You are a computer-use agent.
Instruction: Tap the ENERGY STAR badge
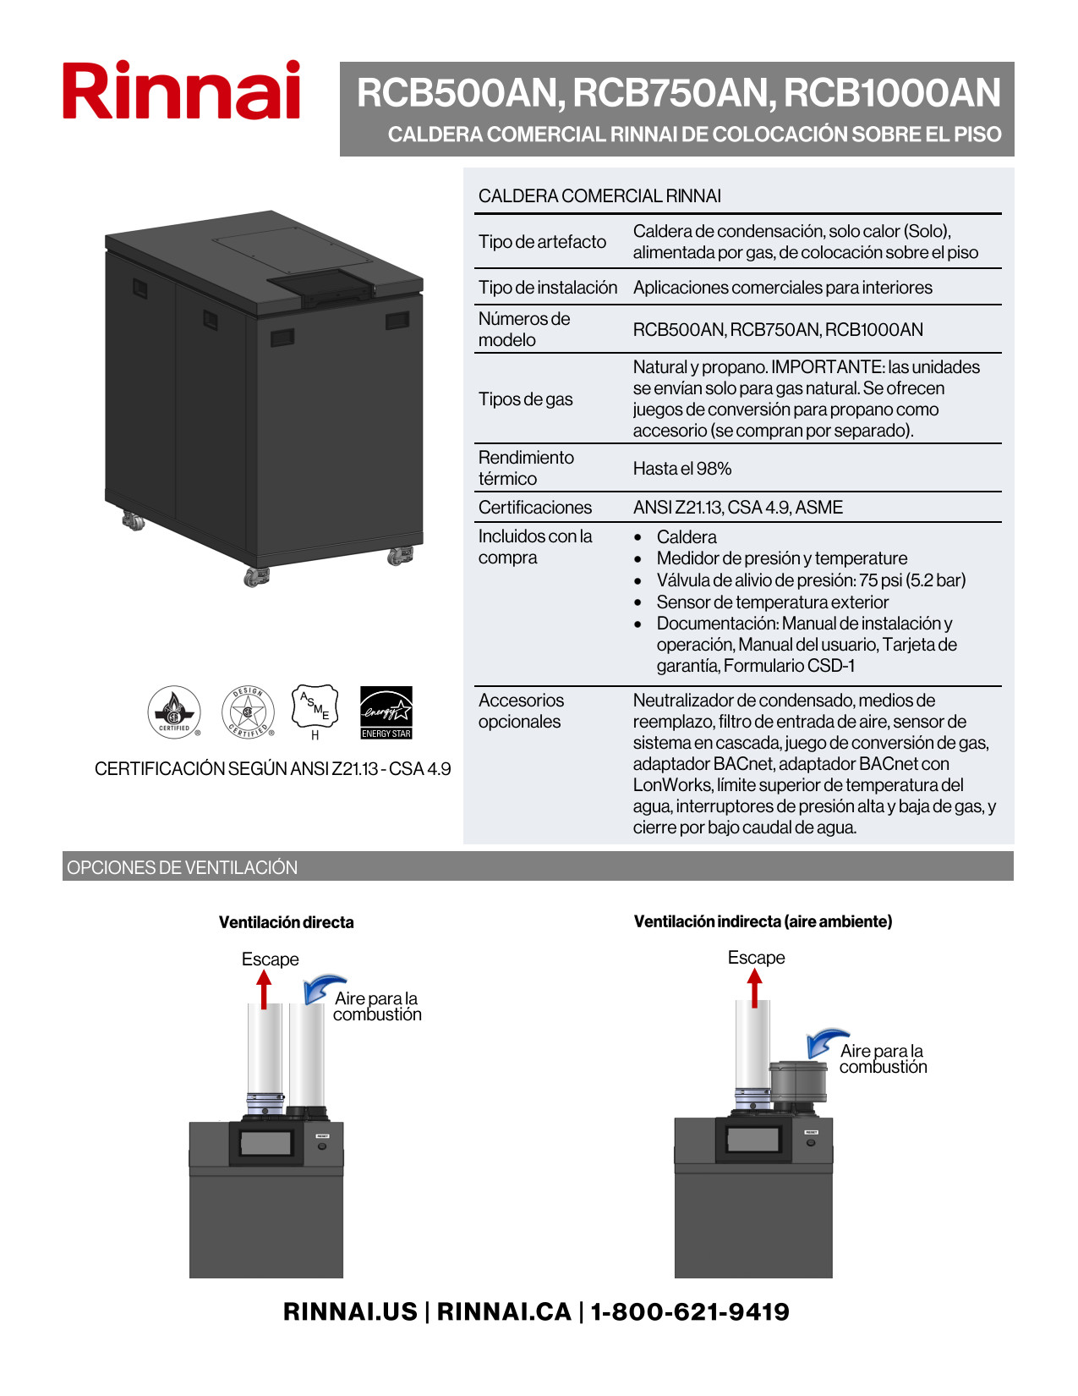386,712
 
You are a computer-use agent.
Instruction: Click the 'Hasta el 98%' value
682,469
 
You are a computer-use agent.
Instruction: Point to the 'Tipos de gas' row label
526,399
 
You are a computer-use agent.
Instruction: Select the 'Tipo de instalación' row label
548,288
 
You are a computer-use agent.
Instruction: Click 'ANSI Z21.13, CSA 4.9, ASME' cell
738,508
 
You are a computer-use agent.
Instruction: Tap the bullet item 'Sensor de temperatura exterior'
772,602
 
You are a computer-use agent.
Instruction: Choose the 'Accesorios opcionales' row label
520,711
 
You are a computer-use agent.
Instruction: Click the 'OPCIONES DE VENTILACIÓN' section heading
183,867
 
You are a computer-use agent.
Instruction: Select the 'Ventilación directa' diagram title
286,922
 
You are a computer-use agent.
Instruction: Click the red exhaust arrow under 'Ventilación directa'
265,989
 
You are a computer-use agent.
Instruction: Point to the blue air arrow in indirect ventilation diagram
824,1042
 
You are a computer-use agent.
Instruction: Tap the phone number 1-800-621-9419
690,1311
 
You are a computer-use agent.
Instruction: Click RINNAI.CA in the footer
504,1311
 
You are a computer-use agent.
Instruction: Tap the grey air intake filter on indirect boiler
798,1082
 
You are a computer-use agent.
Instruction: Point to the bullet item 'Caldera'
687,537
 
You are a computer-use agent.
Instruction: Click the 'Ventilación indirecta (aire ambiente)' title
763,921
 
